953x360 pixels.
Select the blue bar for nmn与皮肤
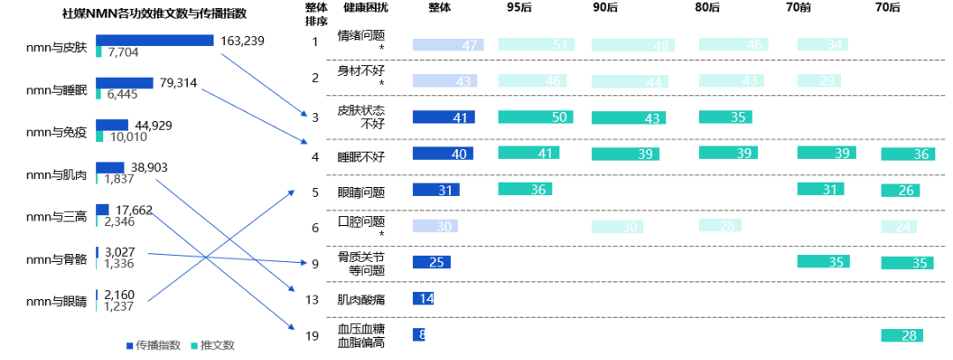154,41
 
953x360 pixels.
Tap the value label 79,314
178,84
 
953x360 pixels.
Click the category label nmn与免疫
56,132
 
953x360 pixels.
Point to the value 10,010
128,137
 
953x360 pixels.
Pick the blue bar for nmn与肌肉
109,168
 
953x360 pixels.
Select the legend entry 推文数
217,345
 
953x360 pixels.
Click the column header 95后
519,8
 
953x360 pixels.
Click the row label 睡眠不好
362,157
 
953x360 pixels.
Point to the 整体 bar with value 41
444,116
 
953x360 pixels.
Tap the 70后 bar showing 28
906,335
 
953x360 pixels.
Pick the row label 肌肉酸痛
362,300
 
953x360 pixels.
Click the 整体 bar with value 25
431,262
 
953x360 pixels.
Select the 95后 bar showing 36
524,189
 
